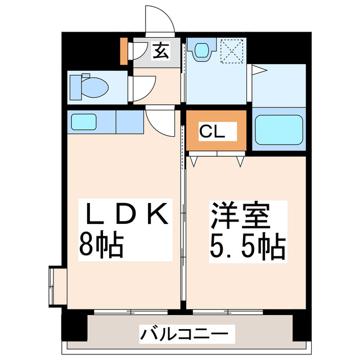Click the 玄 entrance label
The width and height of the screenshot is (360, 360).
click(x=160, y=52)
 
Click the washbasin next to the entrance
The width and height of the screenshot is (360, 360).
click(x=201, y=52)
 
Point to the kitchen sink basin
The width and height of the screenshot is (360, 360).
click(x=84, y=121)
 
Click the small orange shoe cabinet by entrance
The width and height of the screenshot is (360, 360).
click(x=124, y=51)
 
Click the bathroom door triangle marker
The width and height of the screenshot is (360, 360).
click(x=258, y=70)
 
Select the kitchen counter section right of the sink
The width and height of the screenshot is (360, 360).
click(x=129, y=121)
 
